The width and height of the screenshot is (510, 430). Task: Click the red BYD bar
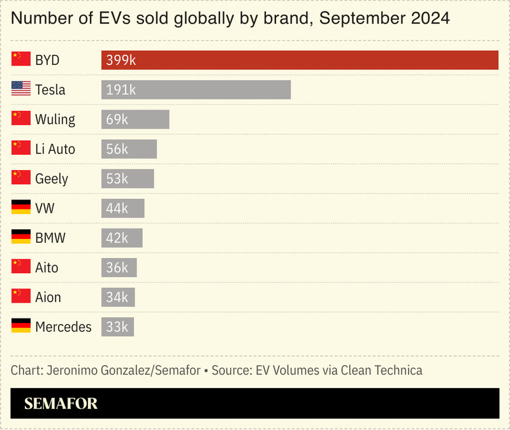300,60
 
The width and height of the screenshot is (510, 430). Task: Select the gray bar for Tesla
196,90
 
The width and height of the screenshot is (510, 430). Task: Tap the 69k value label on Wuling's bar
117,119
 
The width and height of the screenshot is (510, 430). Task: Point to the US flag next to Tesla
21,89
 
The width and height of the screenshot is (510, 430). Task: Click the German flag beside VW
21,208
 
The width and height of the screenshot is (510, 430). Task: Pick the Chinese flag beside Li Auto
21,148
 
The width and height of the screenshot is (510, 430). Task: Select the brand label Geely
52,179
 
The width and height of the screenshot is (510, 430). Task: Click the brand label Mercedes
63,327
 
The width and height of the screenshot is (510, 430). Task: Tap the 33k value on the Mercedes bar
117,327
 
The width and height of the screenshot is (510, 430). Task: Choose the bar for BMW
122,238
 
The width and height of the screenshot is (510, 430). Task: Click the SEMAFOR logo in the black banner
61,403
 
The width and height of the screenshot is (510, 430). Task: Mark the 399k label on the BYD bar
121,60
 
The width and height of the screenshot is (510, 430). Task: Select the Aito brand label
47,268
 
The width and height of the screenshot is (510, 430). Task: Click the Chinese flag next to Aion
21,296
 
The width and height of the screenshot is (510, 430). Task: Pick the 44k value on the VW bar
117,208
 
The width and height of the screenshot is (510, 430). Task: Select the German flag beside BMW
21,237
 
